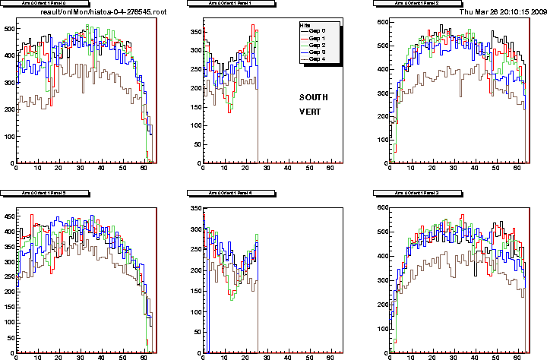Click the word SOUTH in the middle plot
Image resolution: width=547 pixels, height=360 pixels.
tap(314, 97)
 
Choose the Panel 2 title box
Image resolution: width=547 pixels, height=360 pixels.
tap(416, 4)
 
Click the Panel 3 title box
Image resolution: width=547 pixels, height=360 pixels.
tap(416, 194)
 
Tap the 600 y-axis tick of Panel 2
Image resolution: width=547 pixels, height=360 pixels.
tap(382, 23)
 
